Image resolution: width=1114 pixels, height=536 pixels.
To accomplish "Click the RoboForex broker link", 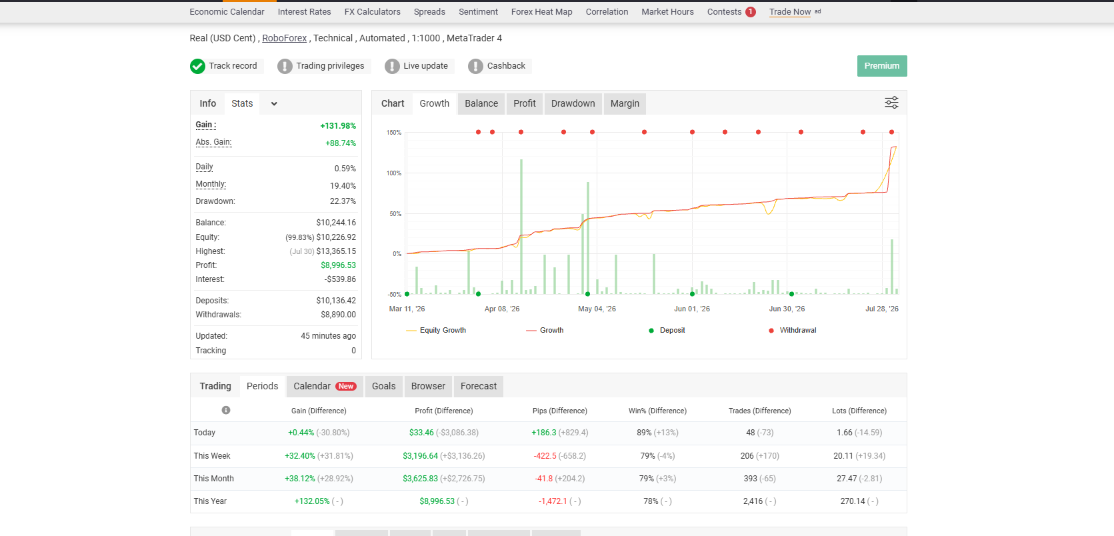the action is coord(285,38).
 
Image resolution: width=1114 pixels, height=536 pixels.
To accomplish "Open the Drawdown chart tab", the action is coord(573,103).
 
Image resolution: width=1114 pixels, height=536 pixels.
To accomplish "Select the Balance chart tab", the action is coord(481,103).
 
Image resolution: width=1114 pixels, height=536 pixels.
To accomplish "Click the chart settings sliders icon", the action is coord(891,103).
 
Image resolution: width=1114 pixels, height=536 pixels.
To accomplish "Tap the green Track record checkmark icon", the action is coord(197,66).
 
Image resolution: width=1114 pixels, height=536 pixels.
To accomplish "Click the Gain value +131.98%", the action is coord(338,126).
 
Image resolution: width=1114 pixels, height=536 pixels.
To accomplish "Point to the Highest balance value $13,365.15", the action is coord(336,251).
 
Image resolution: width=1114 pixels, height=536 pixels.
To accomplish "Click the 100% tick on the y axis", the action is coord(394,173).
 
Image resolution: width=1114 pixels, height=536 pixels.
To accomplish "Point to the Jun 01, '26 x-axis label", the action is coord(692,309).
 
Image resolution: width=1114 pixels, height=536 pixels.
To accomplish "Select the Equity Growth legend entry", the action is coord(436,330).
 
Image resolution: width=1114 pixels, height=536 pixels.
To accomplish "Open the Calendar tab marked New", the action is coord(325,387).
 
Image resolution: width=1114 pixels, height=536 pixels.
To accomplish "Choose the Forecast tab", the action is coord(479,387).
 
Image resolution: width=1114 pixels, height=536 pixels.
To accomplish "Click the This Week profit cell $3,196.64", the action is coord(420,456).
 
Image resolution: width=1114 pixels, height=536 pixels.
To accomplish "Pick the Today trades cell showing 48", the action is coord(751,433).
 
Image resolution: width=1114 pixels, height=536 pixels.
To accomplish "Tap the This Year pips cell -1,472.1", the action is coord(553,501).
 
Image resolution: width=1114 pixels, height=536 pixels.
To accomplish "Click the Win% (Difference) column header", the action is coord(657,411).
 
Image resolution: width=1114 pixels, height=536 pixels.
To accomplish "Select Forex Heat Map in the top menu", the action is coord(541,12).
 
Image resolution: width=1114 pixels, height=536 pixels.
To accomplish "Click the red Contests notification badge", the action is coord(751,12).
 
